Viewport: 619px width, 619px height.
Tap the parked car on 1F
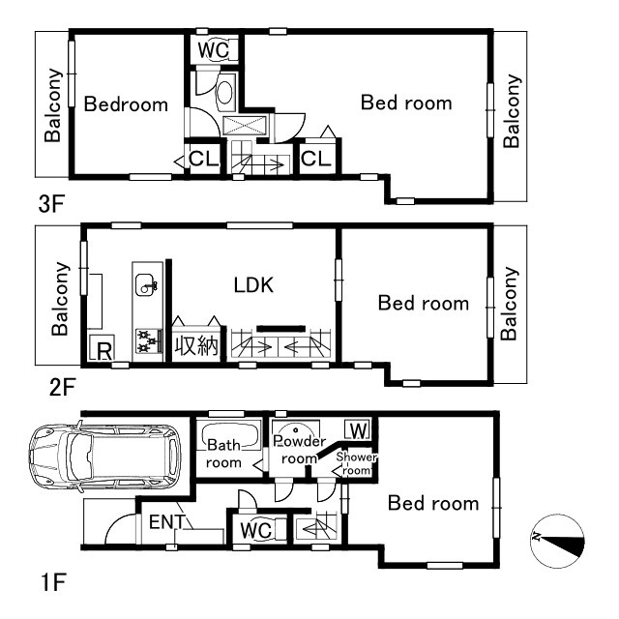pyautogui.click(x=105, y=456)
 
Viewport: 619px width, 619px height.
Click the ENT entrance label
pyautogui.click(x=167, y=522)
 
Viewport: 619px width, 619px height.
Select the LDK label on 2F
pyautogui.click(x=253, y=285)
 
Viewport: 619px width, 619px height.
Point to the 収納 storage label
pyautogui.click(x=196, y=345)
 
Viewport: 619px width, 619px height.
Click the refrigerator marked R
pyautogui.click(x=102, y=347)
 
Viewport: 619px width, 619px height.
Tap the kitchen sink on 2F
pyautogui.click(x=145, y=284)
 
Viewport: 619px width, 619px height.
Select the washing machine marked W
pyautogui.click(x=358, y=429)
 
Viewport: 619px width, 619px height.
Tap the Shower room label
pyautogui.click(x=356, y=463)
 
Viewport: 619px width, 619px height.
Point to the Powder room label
pyautogui.click(x=300, y=450)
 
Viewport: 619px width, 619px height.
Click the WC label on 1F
pyautogui.click(x=255, y=530)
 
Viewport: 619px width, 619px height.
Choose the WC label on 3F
pyautogui.click(x=213, y=50)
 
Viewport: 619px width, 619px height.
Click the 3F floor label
pyautogui.click(x=51, y=204)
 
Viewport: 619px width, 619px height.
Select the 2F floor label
pyautogui.click(x=62, y=387)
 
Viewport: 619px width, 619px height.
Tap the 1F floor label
pyautogui.click(x=53, y=582)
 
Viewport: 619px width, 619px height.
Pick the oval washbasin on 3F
pyautogui.click(x=225, y=93)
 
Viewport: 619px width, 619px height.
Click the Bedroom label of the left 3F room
pyautogui.click(x=126, y=104)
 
